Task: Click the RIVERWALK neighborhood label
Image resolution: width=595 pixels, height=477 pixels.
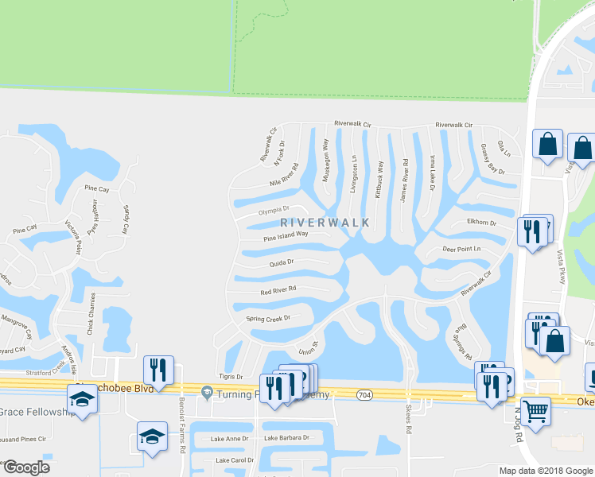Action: pos(326,223)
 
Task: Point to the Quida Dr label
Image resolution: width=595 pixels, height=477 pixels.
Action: pos(282,262)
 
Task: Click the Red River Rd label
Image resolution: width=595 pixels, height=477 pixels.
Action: pos(278,291)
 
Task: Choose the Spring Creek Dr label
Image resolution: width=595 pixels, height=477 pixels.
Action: pos(268,319)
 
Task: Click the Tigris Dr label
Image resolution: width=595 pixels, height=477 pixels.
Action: pos(229,376)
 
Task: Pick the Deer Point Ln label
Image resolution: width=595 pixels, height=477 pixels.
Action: pos(462,249)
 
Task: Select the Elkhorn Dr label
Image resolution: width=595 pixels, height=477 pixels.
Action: pos(482,223)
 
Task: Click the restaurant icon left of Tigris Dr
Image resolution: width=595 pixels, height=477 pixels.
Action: pos(157,370)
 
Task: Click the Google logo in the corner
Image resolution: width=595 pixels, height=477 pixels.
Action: pos(26,467)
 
